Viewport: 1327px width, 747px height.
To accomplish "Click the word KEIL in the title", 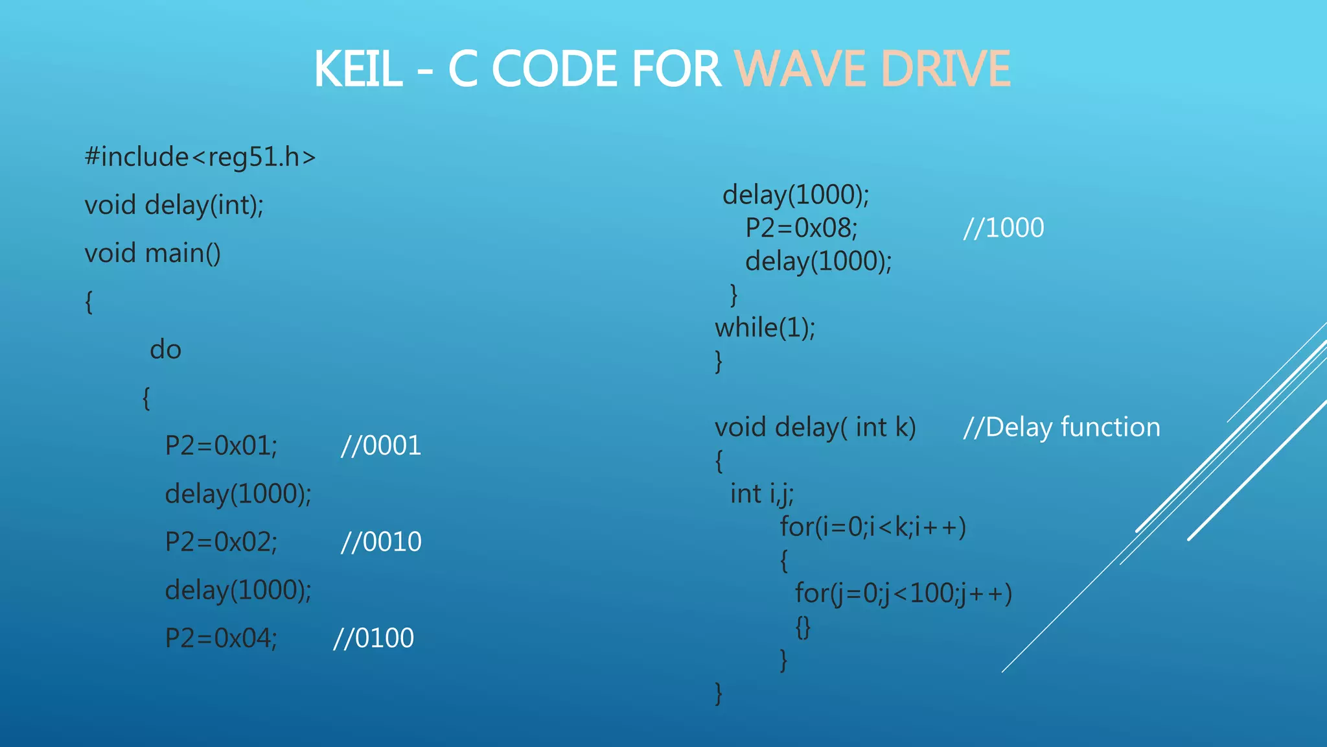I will [358, 69].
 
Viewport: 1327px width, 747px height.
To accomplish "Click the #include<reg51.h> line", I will [200, 158].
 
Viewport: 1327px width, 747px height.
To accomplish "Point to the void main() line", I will [152, 254].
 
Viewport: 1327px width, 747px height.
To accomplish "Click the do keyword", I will [165, 350].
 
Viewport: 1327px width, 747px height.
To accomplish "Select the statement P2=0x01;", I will [221, 446].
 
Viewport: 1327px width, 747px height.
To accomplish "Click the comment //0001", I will [381, 446].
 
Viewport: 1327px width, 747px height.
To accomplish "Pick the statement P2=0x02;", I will [221, 542].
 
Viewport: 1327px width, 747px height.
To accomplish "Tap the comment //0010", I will [381, 542].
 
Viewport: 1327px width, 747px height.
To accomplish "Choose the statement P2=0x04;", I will [221, 639].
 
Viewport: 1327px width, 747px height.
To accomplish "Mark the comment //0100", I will [373, 639].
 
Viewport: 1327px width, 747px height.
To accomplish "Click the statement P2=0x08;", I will [801, 228].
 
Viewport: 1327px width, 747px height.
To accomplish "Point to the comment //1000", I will [1004, 228].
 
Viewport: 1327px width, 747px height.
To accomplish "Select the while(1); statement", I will [765, 328].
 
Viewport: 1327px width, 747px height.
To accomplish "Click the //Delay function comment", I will [1061, 428].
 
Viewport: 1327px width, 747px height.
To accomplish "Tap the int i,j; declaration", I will [761, 495].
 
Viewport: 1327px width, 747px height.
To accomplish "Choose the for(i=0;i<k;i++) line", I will [873, 527].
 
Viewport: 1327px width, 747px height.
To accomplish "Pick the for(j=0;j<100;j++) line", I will [903, 594].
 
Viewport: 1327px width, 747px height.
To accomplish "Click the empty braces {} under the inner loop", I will [803, 627].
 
